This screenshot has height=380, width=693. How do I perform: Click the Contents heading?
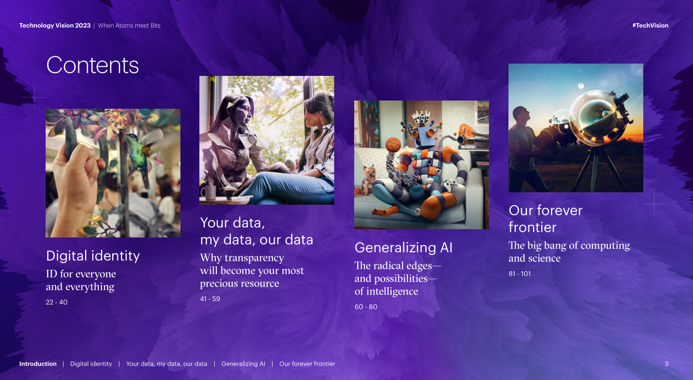[92, 65]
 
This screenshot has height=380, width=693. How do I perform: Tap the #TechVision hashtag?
[650, 25]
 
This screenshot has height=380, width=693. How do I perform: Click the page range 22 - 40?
[56, 302]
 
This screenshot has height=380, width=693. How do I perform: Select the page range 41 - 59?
[210, 299]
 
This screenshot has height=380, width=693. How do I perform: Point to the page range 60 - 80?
[366, 307]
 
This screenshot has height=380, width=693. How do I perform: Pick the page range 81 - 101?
[519, 273]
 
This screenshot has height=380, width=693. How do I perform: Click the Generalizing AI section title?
[403, 248]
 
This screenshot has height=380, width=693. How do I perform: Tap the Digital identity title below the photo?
[93, 256]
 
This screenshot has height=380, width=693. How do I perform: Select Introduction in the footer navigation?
[38, 364]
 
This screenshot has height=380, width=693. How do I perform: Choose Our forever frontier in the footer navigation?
[307, 364]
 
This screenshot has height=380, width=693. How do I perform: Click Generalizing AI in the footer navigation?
[243, 364]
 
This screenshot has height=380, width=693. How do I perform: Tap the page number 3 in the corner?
[666, 364]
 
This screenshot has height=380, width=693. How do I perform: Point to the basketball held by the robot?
[393, 145]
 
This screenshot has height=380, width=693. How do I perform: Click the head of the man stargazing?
[521, 114]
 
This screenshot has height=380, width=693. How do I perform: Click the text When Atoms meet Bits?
[129, 25]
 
